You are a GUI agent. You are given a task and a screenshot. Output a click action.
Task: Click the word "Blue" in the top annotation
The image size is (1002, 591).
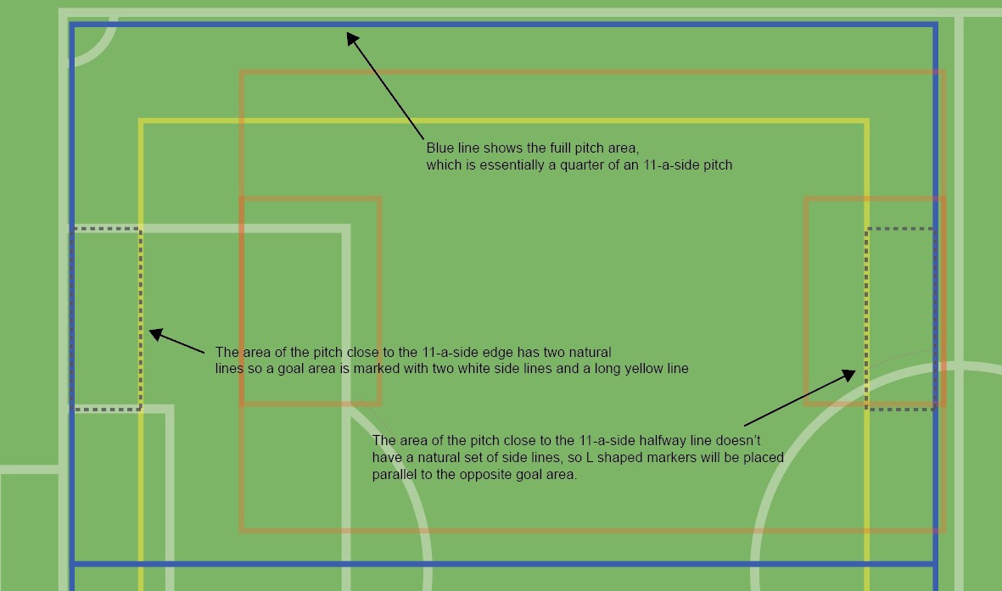(x=440, y=148)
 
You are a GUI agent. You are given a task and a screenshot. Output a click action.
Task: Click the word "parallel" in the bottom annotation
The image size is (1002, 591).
(x=395, y=475)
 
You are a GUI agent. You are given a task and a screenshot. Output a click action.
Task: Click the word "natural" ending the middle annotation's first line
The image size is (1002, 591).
(x=590, y=352)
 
